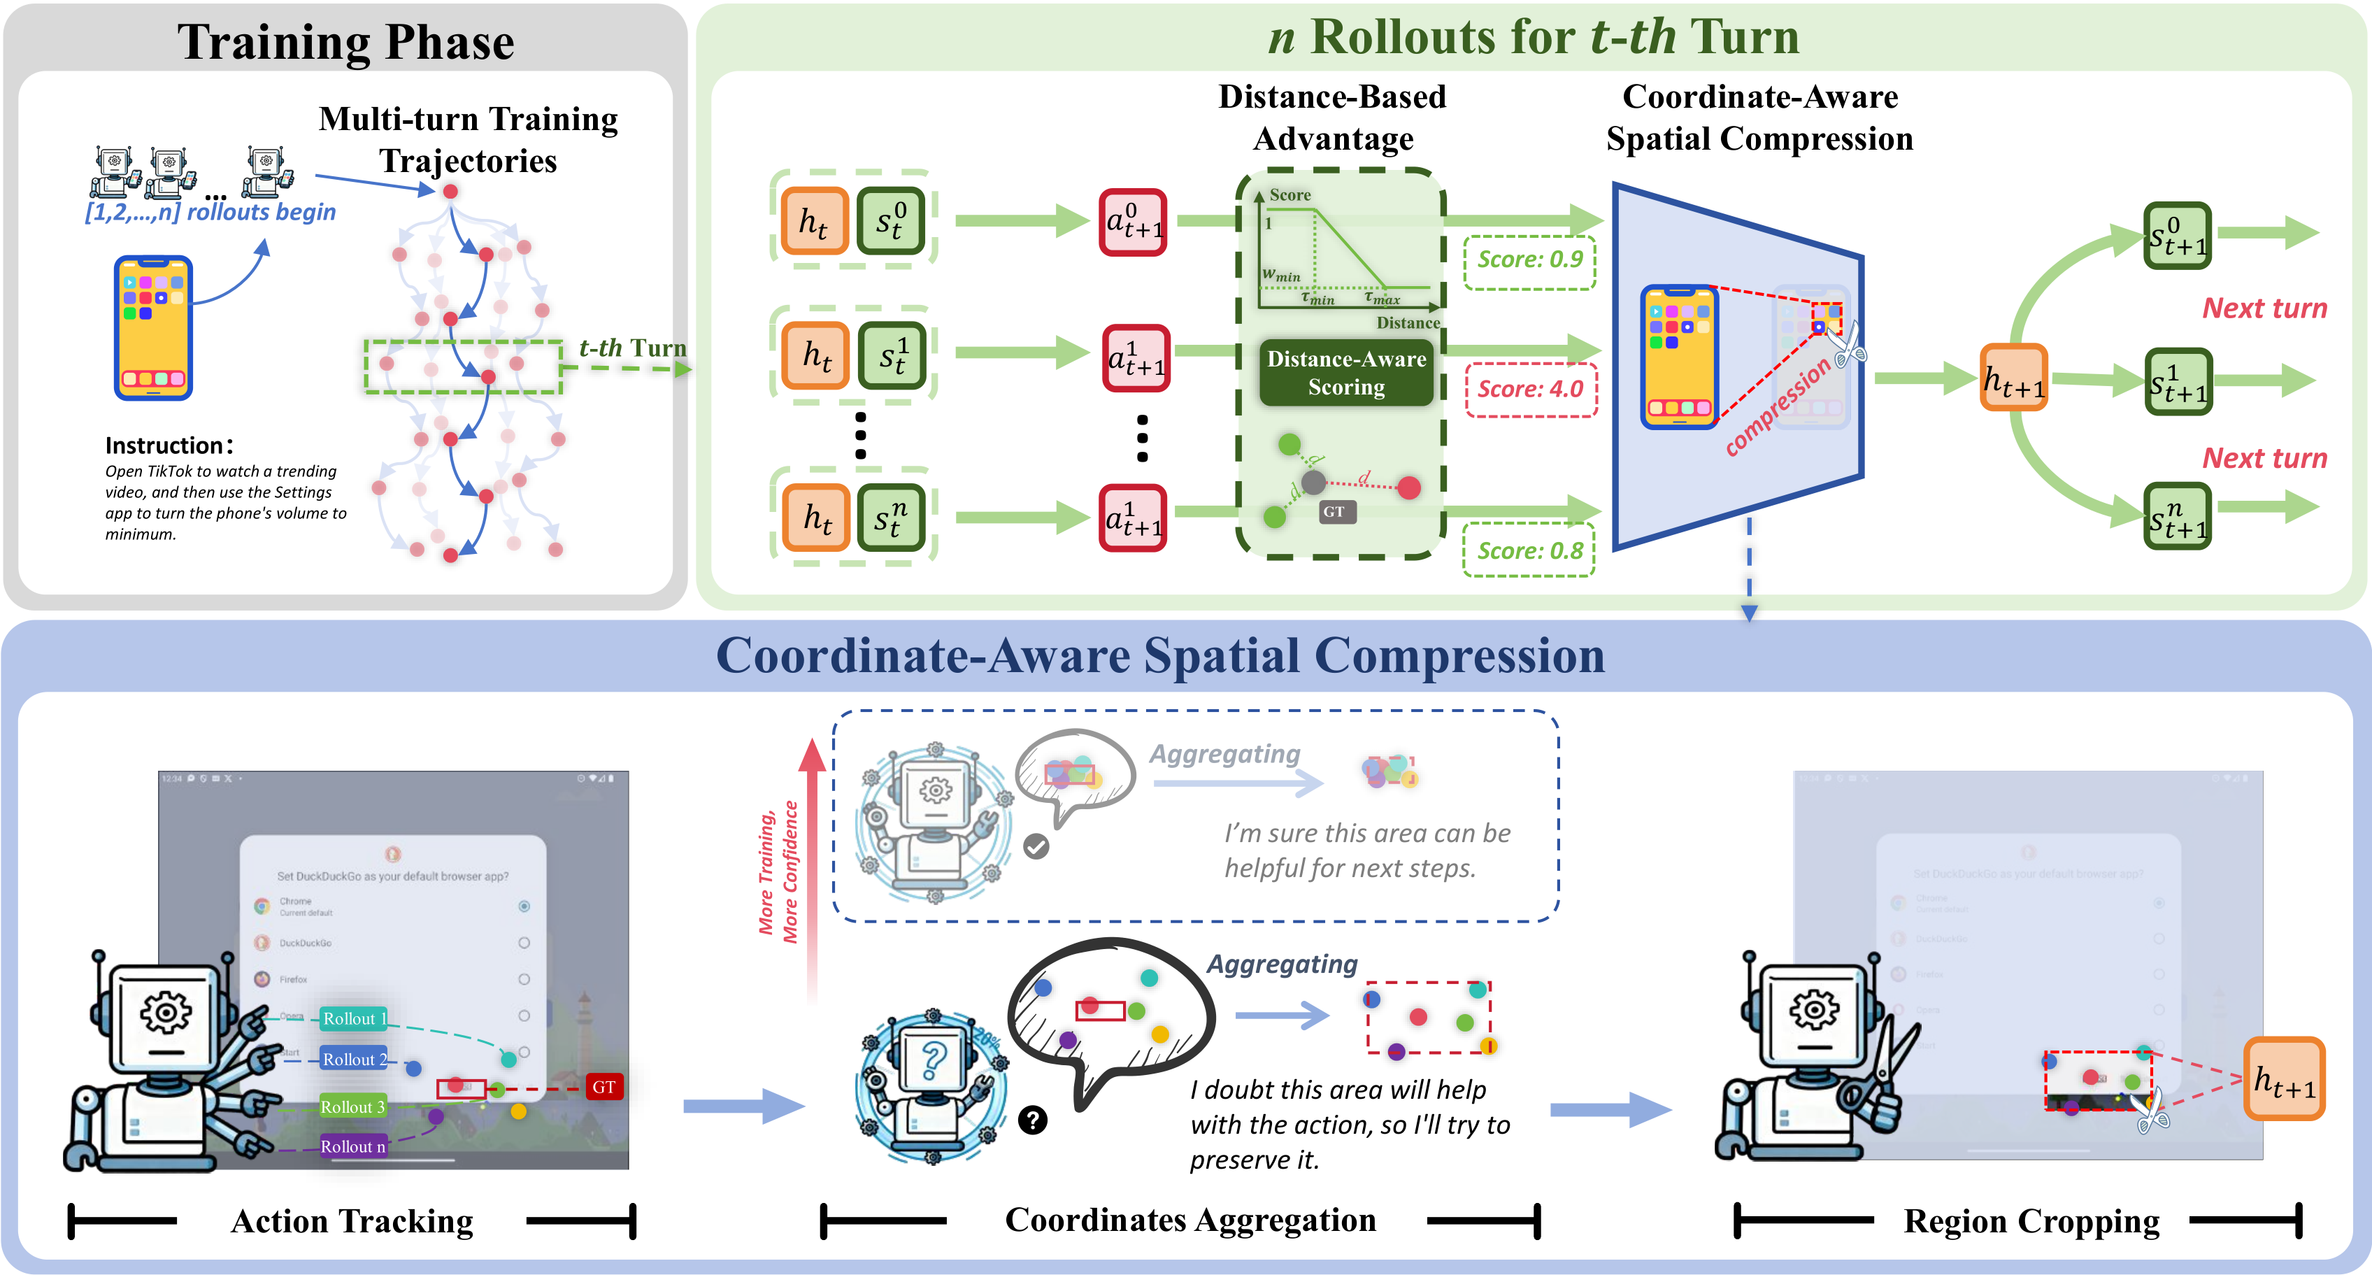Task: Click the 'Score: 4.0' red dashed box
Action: point(1530,390)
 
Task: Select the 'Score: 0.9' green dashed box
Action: point(1529,261)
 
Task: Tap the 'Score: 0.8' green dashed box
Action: point(1529,551)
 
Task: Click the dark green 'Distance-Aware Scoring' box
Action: point(1346,373)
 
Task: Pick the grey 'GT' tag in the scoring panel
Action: point(1334,512)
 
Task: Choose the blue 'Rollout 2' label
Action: point(354,1060)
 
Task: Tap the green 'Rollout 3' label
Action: point(352,1107)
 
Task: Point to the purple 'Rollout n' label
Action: point(352,1147)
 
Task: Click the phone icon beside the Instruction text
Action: point(153,328)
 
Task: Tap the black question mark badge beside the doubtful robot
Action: point(1033,1120)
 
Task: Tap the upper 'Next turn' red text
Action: point(2264,308)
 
